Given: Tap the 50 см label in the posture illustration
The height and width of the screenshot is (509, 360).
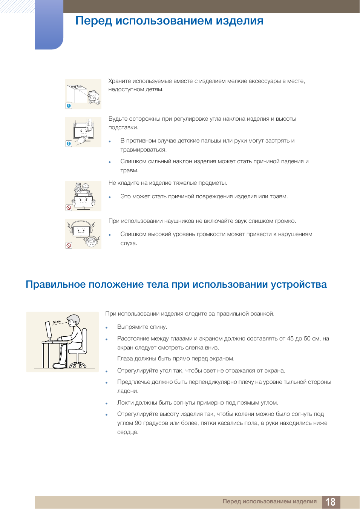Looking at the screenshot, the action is tap(57, 322).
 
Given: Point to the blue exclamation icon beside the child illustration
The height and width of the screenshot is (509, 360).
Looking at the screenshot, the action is tap(69, 106).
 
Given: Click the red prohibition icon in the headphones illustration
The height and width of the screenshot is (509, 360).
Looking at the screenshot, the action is tap(69, 245).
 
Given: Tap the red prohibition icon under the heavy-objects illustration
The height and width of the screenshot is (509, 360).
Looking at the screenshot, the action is tap(69, 207).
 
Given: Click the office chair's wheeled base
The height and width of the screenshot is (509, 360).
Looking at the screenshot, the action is tap(78, 365).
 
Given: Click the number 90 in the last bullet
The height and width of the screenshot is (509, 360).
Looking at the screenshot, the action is tap(138, 423).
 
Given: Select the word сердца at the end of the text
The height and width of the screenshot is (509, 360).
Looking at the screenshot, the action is tap(128, 432).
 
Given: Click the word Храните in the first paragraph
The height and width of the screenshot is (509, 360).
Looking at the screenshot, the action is tap(119, 81).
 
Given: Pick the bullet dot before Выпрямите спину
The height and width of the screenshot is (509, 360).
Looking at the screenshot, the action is tap(106, 328).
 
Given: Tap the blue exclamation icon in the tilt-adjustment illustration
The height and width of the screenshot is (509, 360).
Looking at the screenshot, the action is tap(69, 144).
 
